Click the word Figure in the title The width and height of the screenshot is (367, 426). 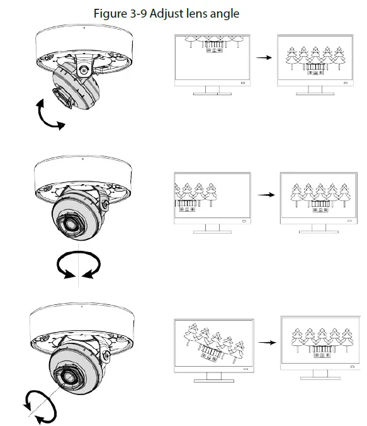(109, 13)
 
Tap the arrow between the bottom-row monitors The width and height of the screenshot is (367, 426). (268, 343)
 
